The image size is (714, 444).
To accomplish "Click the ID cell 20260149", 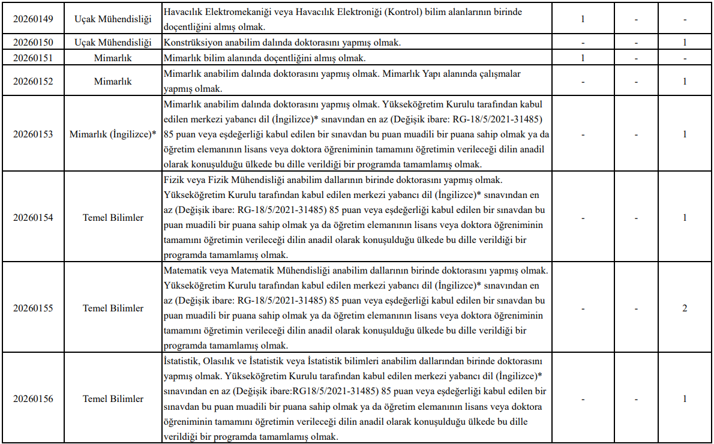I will pyautogui.click(x=33, y=19).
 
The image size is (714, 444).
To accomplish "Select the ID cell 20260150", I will pyautogui.click(x=33, y=43).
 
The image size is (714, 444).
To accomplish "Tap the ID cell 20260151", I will pyautogui.click(x=33, y=58).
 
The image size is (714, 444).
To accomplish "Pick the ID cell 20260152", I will pyautogui.click(x=33, y=81).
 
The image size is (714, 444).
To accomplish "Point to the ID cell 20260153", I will pyautogui.click(x=33, y=134).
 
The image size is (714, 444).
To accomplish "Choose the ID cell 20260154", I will pyautogui.click(x=33, y=218).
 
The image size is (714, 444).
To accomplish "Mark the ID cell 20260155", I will pyautogui.click(x=33, y=308).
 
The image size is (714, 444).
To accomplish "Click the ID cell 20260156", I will pyautogui.click(x=33, y=399).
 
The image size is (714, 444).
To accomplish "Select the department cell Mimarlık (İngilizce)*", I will pyautogui.click(x=113, y=134).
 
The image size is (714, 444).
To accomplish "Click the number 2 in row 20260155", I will pyautogui.click(x=685, y=308).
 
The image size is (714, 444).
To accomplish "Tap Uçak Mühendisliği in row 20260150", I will pyautogui.click(x=113, y=43).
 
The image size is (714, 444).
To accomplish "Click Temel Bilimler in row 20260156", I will pyautogui.click(x=113, y=399).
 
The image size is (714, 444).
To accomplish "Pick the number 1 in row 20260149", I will pyautogui.click(x=583, y=19).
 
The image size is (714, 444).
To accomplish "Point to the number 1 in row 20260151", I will pyautogui.click(x=583, y=58).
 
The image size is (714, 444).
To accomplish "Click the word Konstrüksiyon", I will pyautogui.click(x=191, y=43).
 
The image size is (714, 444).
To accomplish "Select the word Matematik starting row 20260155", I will pyautogui.click(x=184, y=271).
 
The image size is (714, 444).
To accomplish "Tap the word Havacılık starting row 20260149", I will pyautogui.click(x=182, y=12).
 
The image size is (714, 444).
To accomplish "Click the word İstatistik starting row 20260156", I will pyautogui.click(x=182, y=361).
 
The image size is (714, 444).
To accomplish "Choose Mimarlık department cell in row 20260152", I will pyautogui.click(x=113, y=81).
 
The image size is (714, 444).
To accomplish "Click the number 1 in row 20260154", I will pyautogui.click(x=685, y=218).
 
